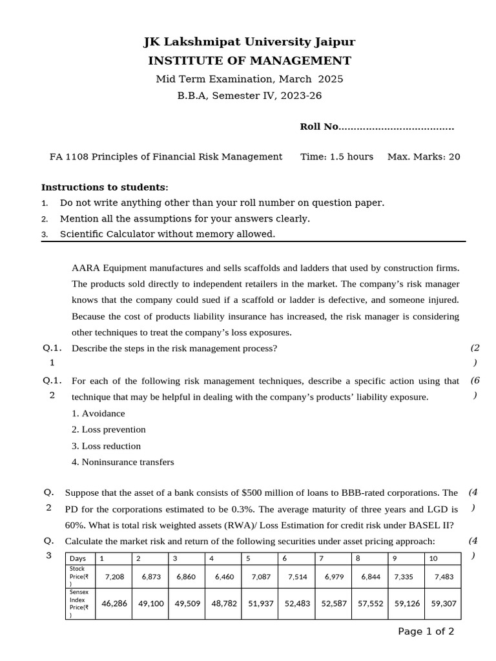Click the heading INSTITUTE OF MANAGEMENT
coord(249,61)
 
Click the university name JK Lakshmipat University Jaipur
coord(249,43)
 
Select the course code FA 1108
coord(69,157)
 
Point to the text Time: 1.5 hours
coord(336,157)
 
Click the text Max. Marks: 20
coord(424,157)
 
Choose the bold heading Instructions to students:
coord(105,187)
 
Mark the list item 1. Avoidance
coord(98,413)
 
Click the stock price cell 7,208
coord(114,576)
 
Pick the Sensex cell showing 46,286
coord(114,604)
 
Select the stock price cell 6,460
coord(224,576)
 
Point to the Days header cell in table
coord(79,558)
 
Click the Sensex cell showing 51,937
coord(261,604)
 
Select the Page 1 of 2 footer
coord(426,631)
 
